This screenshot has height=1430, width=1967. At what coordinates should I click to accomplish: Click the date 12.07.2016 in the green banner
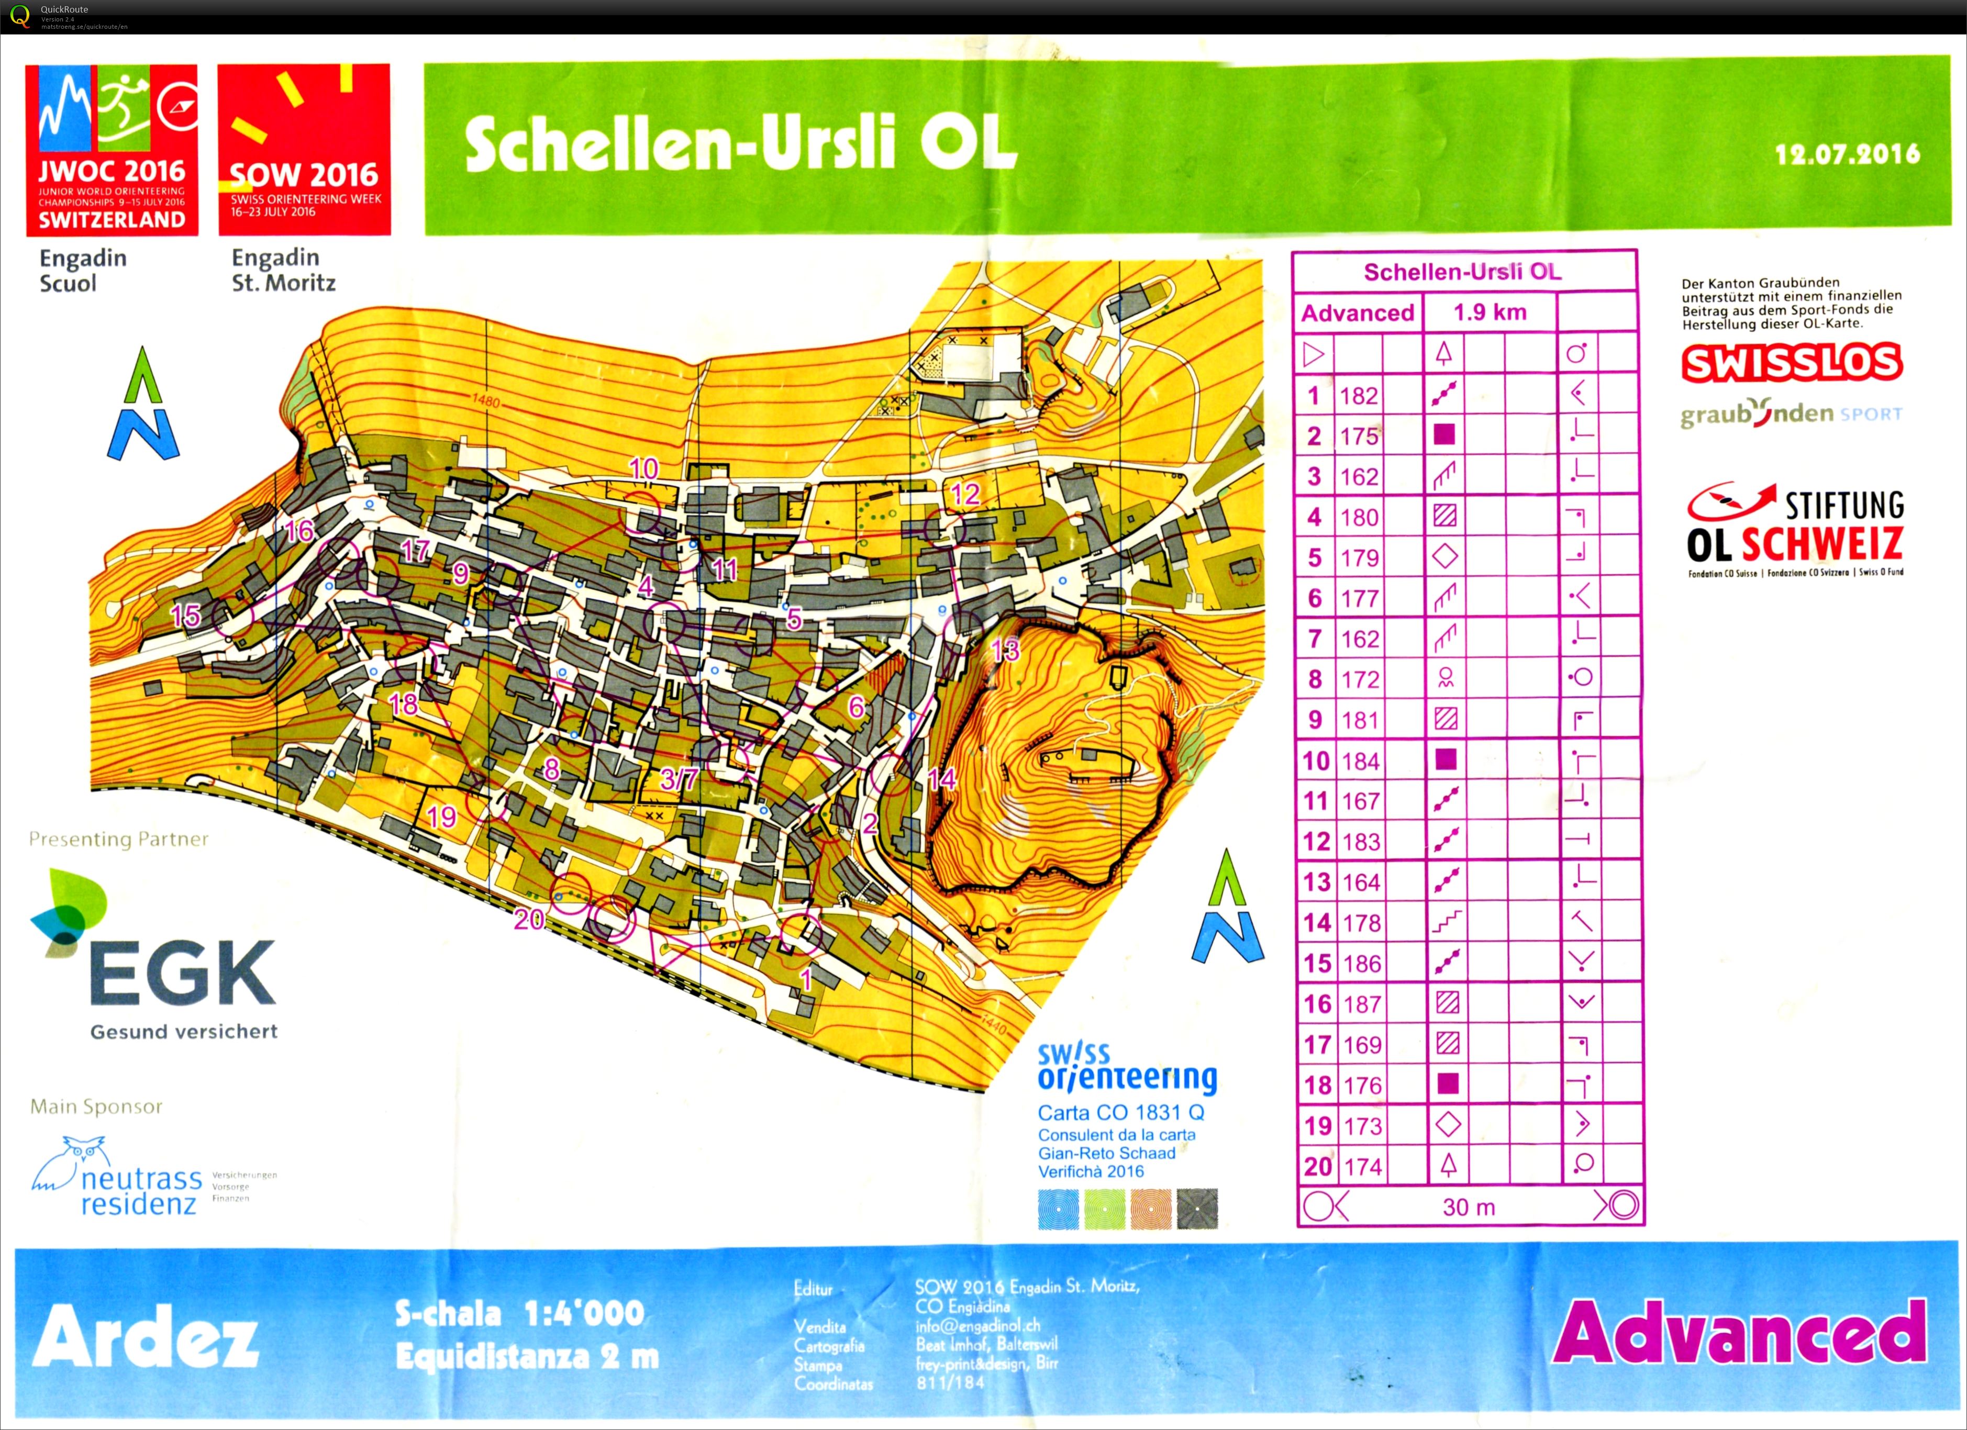1847,154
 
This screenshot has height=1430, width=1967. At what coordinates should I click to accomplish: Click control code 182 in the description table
1358,396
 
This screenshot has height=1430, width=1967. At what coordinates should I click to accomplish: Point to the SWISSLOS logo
1791,363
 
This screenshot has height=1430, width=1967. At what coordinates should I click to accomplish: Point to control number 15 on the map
185,616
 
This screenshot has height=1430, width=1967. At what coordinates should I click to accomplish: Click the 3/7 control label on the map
678,779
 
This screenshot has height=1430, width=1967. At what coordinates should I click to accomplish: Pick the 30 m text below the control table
1468,1206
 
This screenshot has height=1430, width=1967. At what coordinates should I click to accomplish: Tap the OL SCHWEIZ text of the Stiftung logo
1794,544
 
